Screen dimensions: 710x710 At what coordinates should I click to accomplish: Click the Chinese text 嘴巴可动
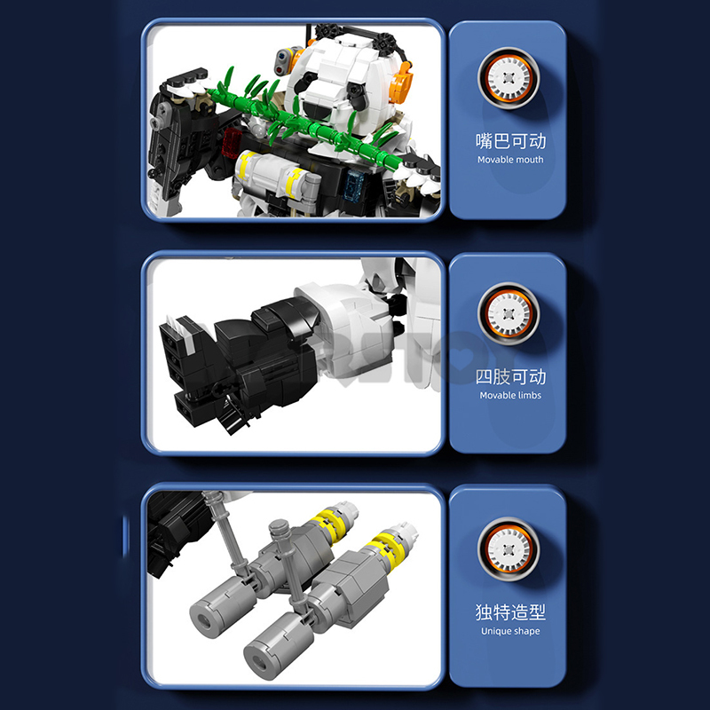coord(510,141)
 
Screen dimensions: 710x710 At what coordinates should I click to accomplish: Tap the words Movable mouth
coord(510,160)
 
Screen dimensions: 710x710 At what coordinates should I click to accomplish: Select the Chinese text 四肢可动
coord(510,376)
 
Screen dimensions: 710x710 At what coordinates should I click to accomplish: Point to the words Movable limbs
coord(510,395)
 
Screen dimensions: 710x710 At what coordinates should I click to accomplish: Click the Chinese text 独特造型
coord(510,612)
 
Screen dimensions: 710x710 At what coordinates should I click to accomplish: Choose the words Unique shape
coord(510,631)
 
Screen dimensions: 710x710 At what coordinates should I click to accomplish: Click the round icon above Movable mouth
coord(509,78)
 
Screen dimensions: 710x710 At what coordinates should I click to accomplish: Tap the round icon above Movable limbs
coord(509,313)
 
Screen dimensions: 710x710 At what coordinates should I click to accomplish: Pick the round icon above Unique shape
coord(509,548)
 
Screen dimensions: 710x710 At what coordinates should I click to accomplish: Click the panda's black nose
coord(312,109)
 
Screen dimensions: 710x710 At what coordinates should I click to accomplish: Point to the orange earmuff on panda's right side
coord(401,82)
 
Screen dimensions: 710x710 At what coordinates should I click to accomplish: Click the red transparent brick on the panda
coord(233,141)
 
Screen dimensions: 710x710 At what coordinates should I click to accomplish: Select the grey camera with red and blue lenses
coord(285,61)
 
